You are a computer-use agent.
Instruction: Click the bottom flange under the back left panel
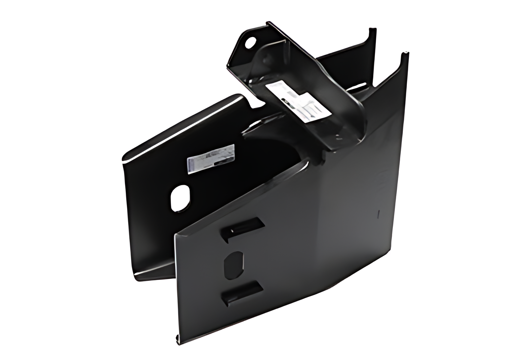pyautogui.click(x=154, y=273)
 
